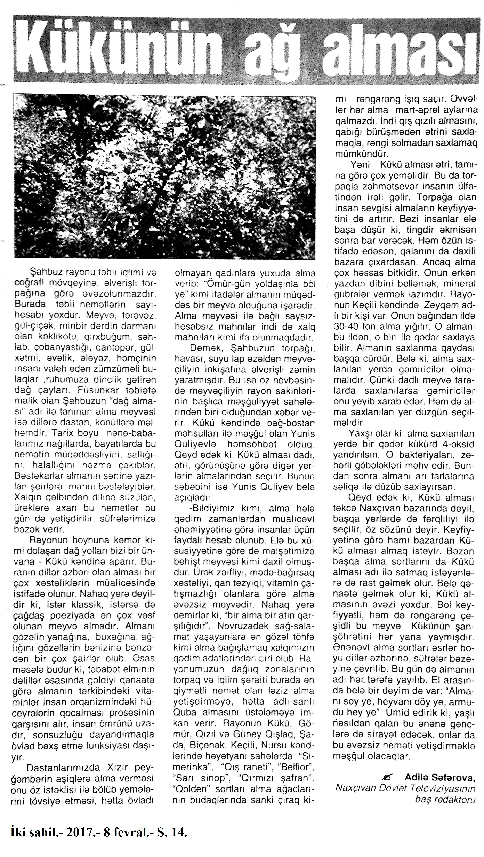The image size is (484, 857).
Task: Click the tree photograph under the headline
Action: [x=164, y=176]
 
